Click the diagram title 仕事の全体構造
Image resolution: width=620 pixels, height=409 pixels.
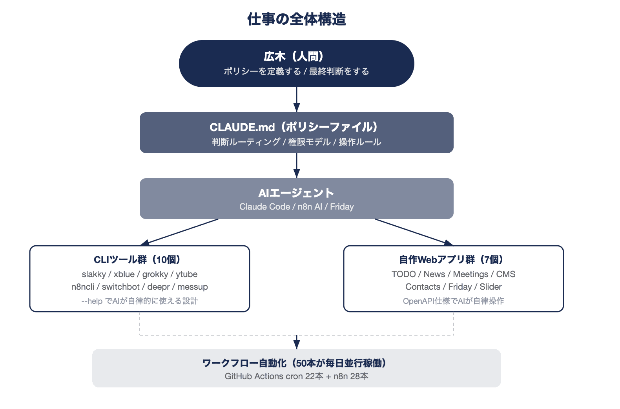point(296,19)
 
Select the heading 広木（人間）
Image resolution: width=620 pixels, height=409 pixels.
point(294,57)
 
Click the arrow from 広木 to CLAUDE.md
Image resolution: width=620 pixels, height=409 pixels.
point(297,100)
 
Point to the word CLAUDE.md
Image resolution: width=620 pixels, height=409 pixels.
point(242,127)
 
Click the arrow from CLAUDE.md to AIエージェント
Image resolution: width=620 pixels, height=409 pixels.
point(297,166)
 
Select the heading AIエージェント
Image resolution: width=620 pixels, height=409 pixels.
point(296,193)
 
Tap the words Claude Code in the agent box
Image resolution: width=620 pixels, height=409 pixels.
point(264,207)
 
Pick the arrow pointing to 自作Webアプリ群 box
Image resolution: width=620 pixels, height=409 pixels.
point(414,232)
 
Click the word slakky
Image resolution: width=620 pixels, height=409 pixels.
point(94,274)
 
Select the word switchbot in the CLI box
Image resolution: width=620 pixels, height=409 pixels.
point(120,287)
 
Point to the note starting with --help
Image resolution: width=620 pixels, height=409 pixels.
point(139,301)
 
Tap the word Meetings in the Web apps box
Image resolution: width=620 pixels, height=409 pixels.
point(470,274)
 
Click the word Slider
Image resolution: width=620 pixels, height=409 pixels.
point(491,287)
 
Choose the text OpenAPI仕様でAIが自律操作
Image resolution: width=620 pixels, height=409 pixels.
point(453,301)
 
